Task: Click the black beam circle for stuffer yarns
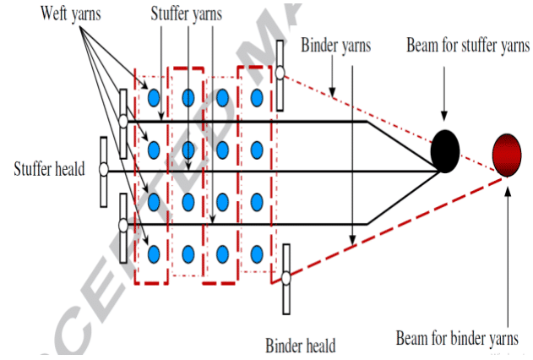445,151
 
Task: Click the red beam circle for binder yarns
508,154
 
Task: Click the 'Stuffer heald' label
49,168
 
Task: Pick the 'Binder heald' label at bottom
300,345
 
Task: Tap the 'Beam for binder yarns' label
458,339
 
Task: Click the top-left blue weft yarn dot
155,98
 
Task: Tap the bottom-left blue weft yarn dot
155,252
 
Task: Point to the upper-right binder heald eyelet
280,71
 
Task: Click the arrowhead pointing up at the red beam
508,183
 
